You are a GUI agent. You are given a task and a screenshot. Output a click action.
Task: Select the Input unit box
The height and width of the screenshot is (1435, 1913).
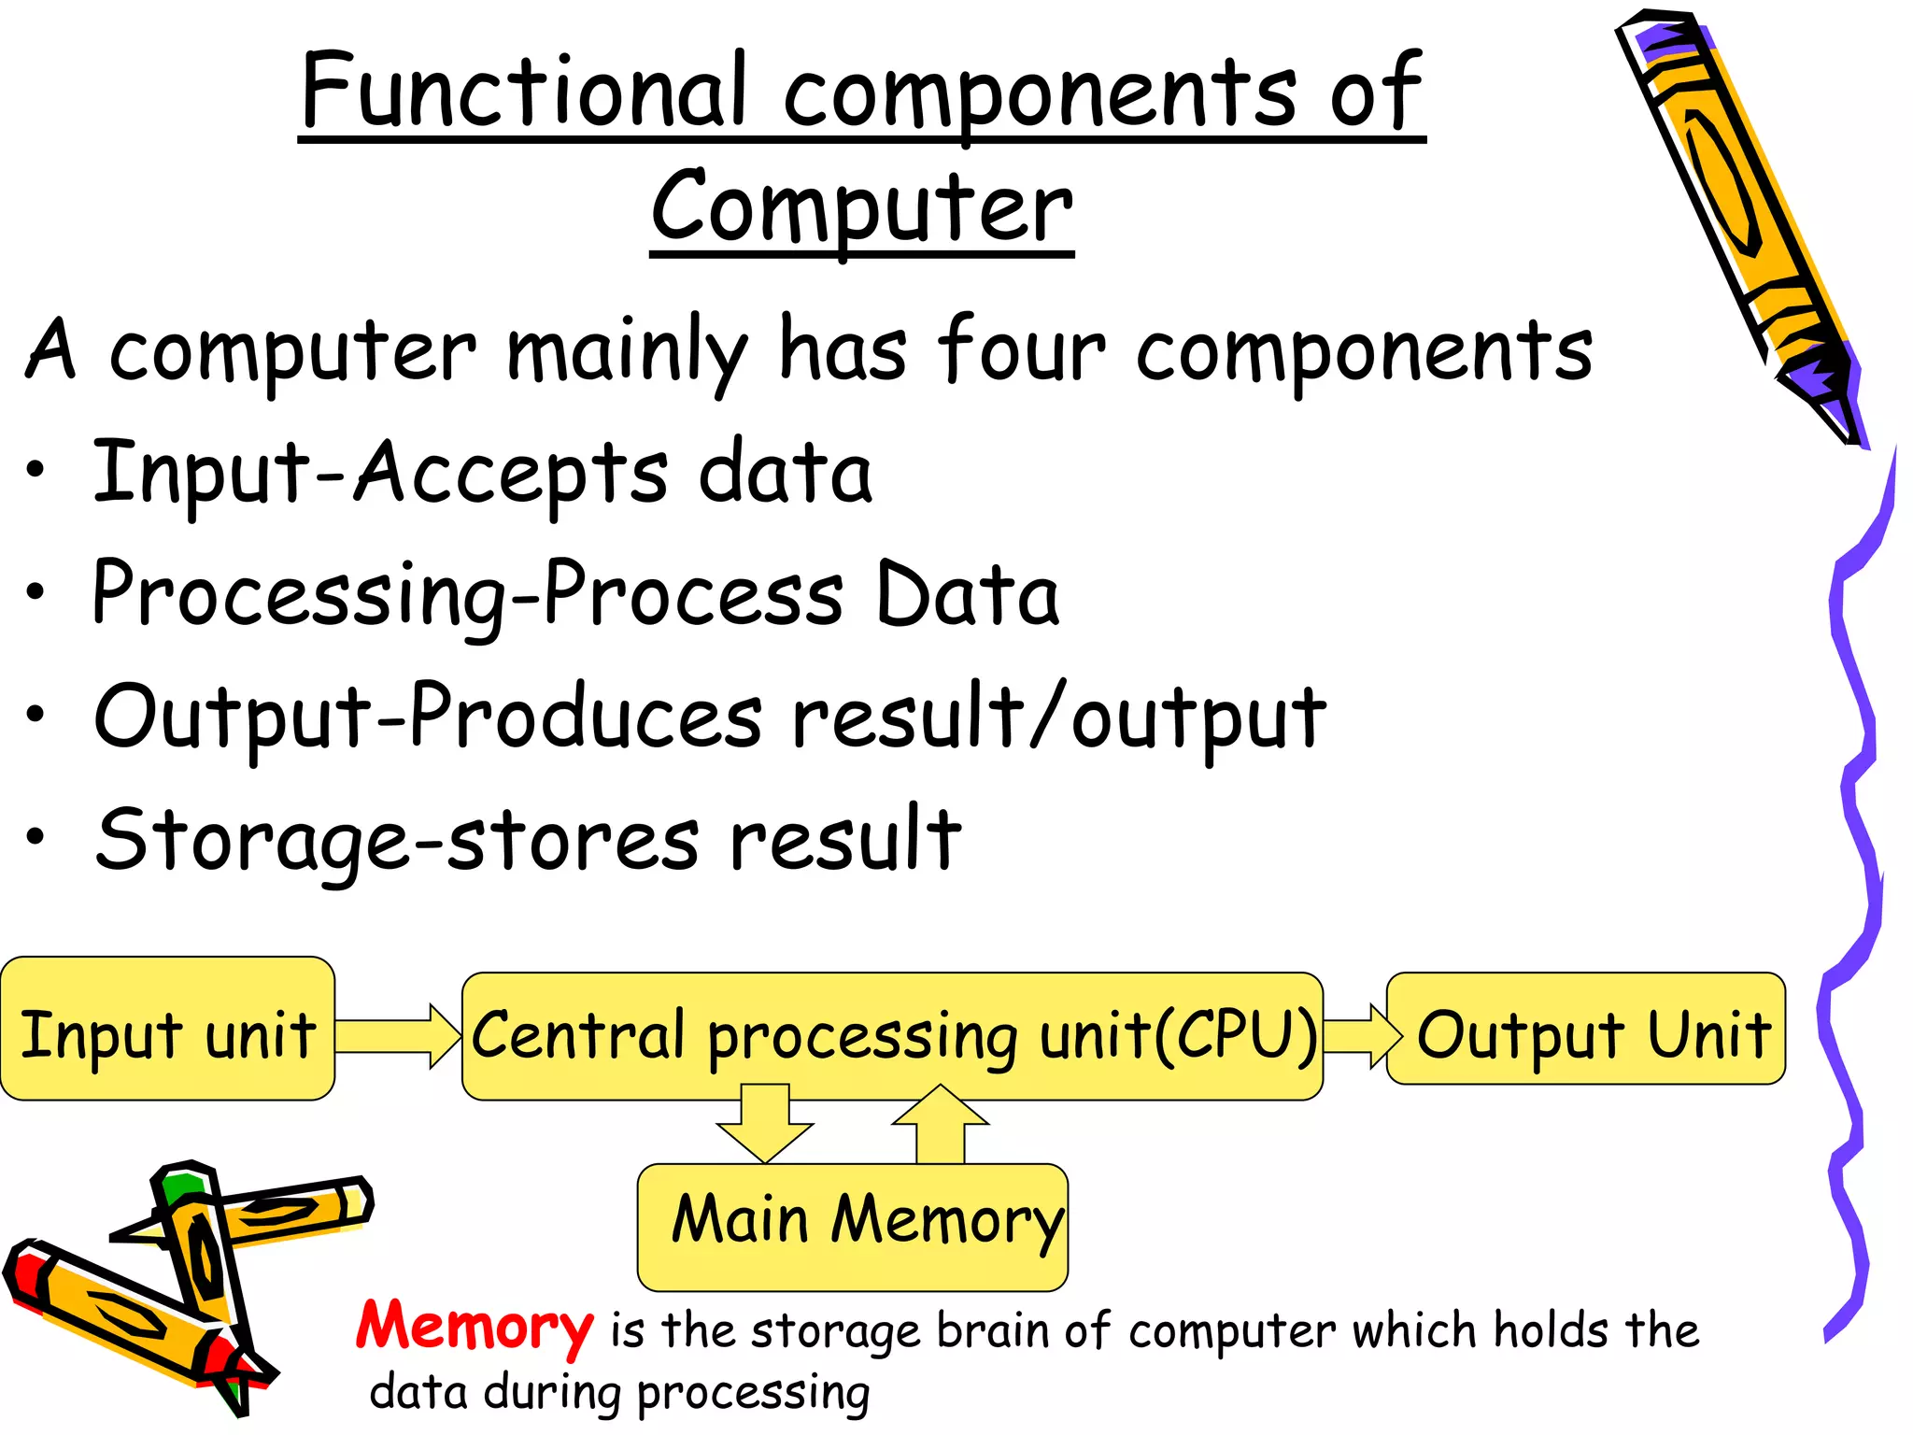point(168,1029)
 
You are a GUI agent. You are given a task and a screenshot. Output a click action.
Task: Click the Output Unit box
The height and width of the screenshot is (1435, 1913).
point(1586,1029)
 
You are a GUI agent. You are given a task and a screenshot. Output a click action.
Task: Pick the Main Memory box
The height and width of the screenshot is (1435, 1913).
point(852,1226)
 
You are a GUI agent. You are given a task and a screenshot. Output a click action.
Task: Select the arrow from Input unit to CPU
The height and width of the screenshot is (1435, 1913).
point(398,1036)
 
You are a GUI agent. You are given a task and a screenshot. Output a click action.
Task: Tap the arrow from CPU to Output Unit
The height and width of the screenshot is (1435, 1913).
point(1360,1035)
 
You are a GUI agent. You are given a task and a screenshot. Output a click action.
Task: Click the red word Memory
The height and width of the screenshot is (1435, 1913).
point(475,1327)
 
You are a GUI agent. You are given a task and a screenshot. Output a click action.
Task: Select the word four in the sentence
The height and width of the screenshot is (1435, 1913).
point(1022,349)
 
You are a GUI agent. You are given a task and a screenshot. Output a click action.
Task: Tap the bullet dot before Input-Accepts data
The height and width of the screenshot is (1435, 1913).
point(35,469)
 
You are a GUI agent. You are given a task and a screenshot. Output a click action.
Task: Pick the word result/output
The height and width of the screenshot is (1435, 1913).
point(1057,717)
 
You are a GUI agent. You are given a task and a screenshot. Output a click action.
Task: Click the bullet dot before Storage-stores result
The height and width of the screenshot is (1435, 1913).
point(35,836)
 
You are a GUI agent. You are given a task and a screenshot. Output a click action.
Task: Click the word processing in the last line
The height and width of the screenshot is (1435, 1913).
point(753,1394)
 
